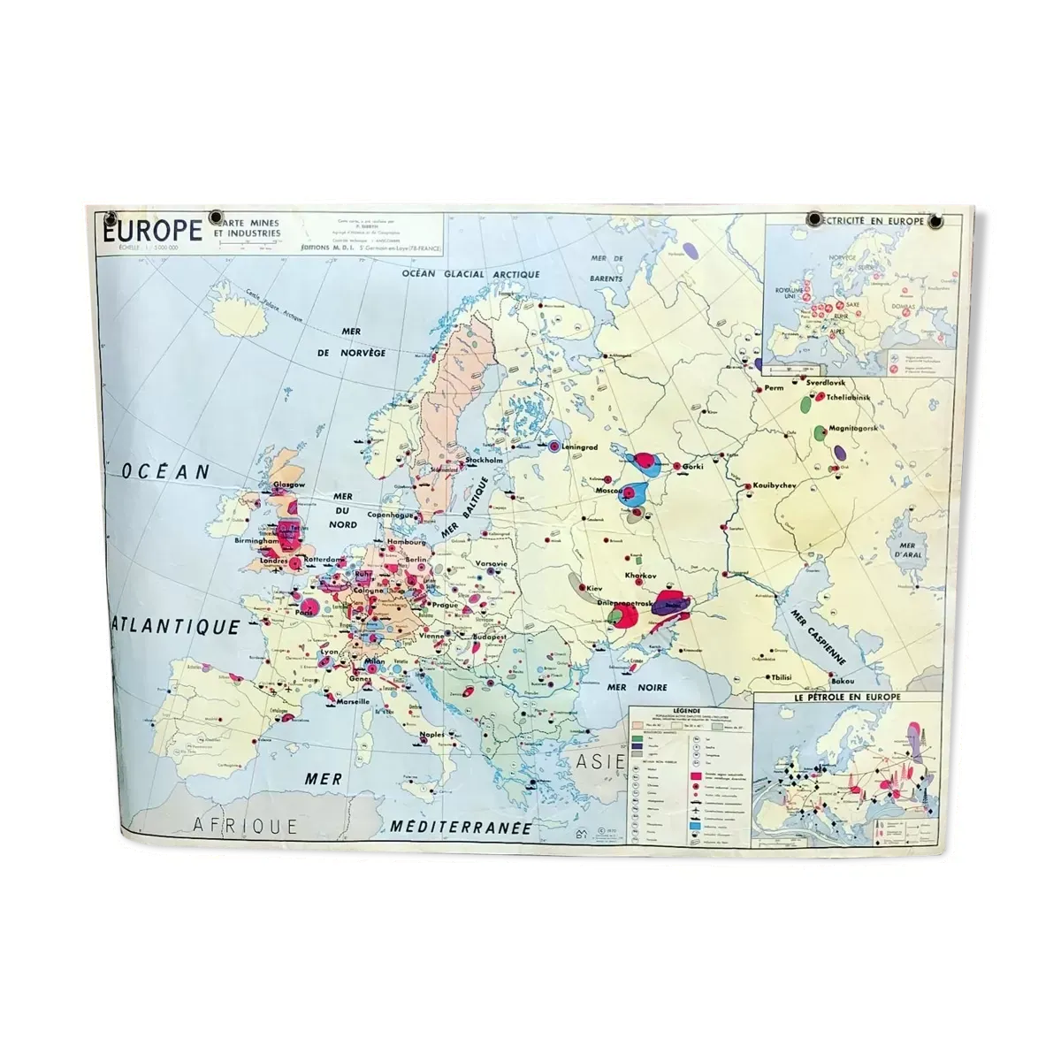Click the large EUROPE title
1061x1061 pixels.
point(153,231)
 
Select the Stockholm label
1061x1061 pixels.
point(485,461)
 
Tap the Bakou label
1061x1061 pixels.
point(843,682)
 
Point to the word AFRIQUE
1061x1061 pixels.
point(245,825)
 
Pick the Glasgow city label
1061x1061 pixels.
point(289,485)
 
